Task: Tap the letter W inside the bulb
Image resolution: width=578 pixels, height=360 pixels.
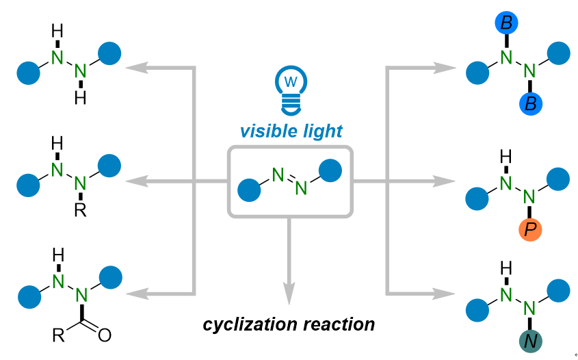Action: click(290, 81)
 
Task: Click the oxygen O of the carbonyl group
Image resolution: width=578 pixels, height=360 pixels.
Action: click(104, 335)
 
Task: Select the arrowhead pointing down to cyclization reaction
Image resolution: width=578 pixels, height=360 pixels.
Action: click(289, 292)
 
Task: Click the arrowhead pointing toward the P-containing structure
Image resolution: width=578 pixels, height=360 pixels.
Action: click(445, 181)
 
